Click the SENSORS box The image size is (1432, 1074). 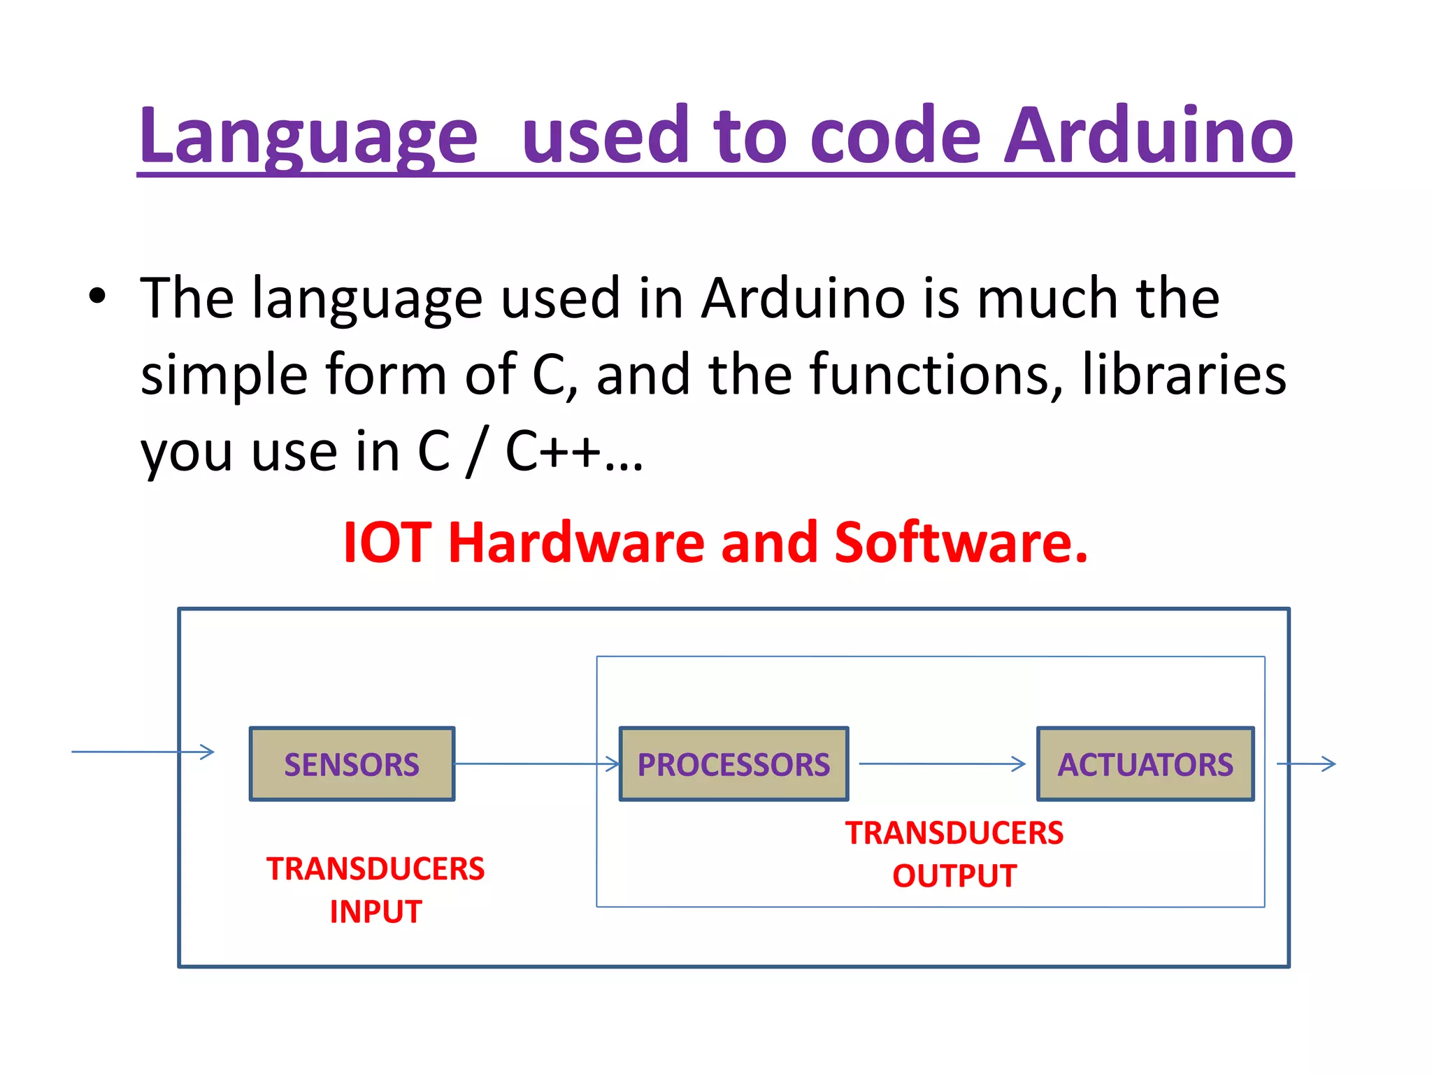352,764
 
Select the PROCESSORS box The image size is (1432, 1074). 733,764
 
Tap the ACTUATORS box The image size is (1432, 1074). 1145,764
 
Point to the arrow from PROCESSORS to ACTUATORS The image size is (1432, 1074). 941,764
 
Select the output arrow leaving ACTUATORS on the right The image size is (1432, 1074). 1306,764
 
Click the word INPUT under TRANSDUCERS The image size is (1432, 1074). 375,912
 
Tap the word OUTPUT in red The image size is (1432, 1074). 954,876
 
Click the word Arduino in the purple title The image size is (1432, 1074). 1148,136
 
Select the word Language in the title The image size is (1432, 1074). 308,136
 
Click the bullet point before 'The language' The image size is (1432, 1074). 97,296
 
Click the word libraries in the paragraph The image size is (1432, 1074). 1184,374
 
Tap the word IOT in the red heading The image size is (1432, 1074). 387,543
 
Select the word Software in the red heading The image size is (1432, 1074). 961,543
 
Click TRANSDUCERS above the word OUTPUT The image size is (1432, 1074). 954,833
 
